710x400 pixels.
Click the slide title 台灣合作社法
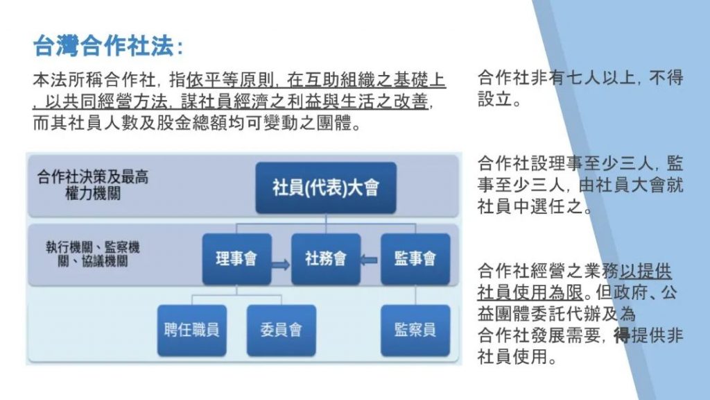click(x=103, y=46)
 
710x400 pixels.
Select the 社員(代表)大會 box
click(x=326, y=187)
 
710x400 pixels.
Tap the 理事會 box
click(x=237, y=259)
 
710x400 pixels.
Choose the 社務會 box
click(x=326, y=259)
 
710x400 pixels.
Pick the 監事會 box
click(x=415, y=259)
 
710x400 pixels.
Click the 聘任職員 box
click(x=192, y=330)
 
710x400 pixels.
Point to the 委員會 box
click(x=282, y=330)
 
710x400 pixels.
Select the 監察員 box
click(x=415, y=330)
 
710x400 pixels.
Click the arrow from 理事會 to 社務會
click(x=281, y=264)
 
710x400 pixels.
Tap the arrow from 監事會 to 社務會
click(x=369, y=260)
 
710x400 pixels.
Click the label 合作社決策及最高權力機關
click(x=93, y=185)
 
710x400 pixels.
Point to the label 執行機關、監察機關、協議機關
click(x=93, y=254)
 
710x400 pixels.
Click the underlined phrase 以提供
click(x=646, y=272)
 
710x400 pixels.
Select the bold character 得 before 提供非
click(x=622, y=335)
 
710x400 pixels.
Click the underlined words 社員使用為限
click(x=530, y=292)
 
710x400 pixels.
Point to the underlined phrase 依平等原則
click(x=230, y=81)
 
